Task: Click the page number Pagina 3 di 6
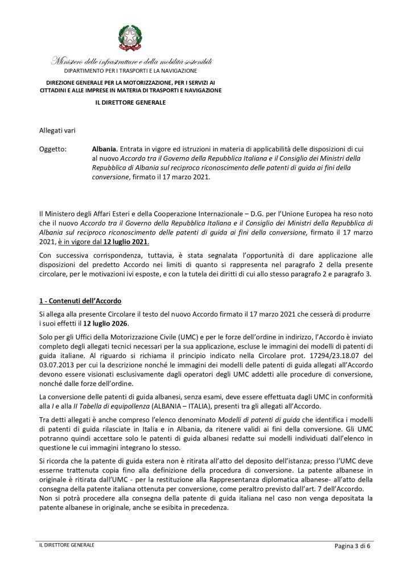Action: pyautogui.click(x=357, y=547)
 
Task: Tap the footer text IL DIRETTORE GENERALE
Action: pyautogui.click(x=63, y=545)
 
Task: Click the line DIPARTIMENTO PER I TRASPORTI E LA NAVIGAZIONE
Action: pyautogui.click(x=130, y=71)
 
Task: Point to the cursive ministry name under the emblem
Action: pyautogui.click(x=131, y=61)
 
